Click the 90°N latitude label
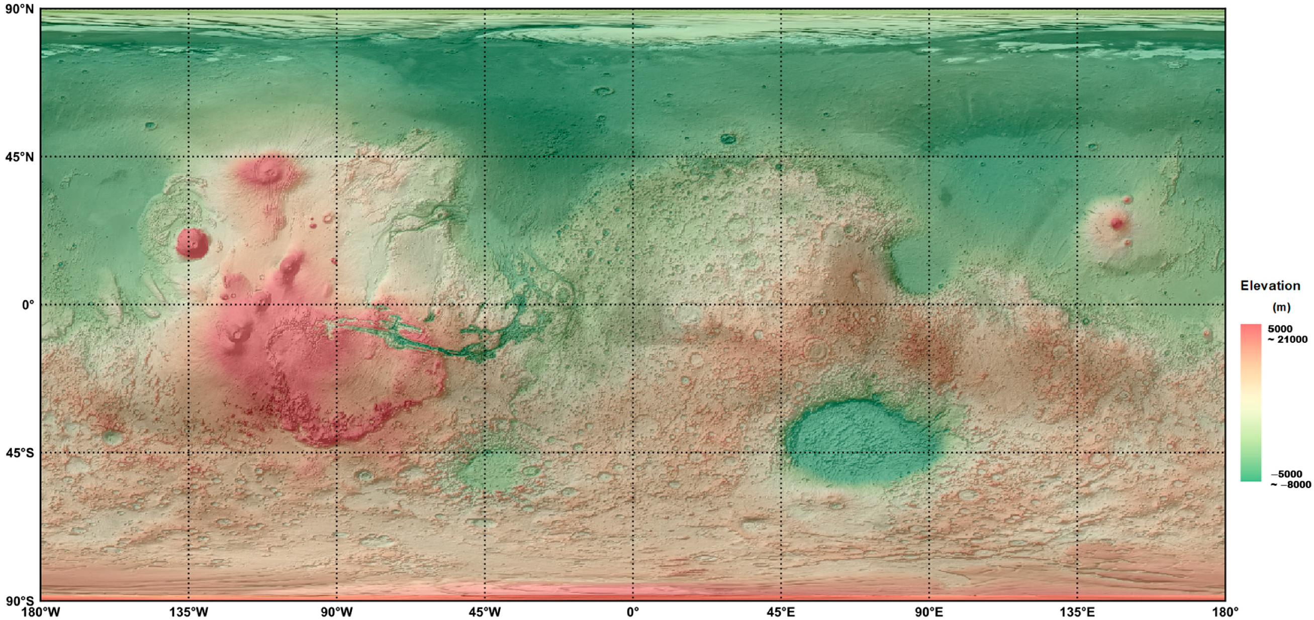(x=20, y=9)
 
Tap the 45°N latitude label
(x=20, y=157)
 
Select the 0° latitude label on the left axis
(x=28, y=305)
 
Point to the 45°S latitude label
(x=20, y=453)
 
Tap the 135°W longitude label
(x=189, y=612)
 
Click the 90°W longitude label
(x=337, y=612)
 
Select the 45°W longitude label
(x=485, y=612)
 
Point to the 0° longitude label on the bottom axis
(x=633, y=612)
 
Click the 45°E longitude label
(x=781, y=612)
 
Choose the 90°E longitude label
(x=929, y=612)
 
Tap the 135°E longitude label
(x=1077, y=612)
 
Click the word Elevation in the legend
(x=1270, y=286)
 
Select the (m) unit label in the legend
(x=1281, y=307)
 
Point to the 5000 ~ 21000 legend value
(x=1287, y=335)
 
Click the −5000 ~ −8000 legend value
(x=1290, y=479)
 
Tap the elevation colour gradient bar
(x=1251, y=402)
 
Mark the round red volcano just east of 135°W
(x=193, y=243)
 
